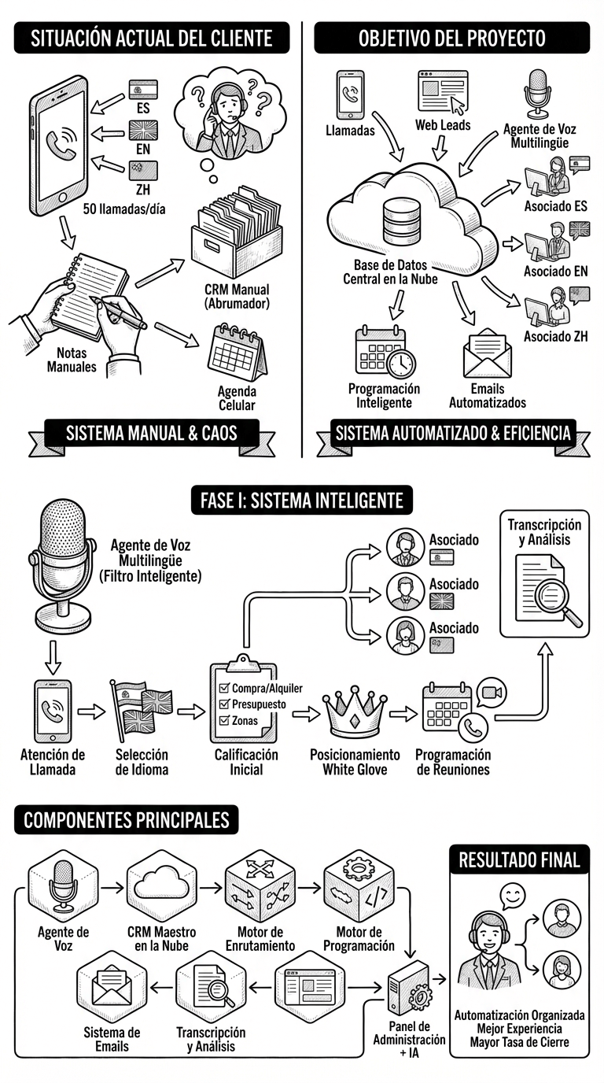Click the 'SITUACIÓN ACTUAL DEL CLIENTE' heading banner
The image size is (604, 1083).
(x=151, y=38)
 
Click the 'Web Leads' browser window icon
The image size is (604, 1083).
(x=442, y=92)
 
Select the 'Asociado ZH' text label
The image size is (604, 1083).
(x=556, y=337)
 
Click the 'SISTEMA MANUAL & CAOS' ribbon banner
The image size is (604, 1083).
(x=151, y=432)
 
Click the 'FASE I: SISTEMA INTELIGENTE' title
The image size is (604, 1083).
(x=301, y=500)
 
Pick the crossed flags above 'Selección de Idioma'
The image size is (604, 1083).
(x=142, y=708)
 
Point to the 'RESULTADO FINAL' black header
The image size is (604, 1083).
(x=518, y=859)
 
